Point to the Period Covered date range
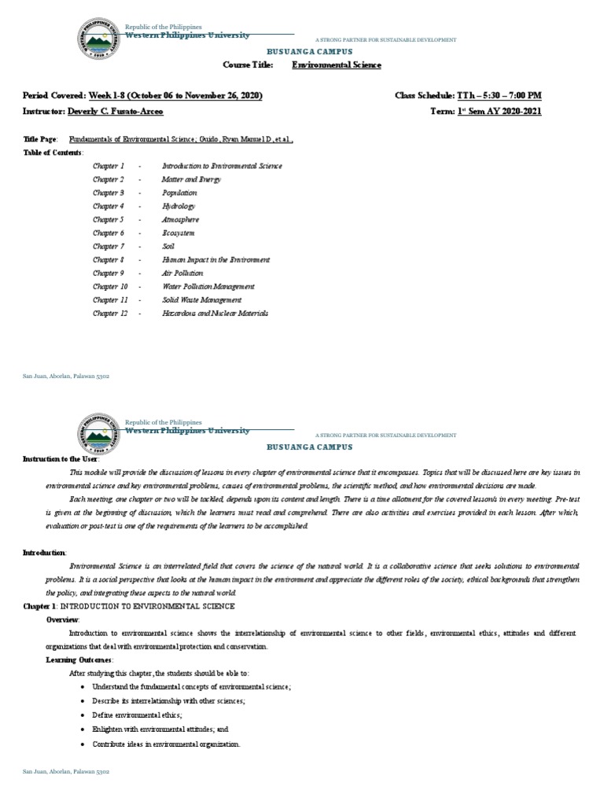pos(175,95)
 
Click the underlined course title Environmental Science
pos(337,65)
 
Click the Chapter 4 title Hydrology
pos(178,206)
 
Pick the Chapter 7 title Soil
pos(168,246)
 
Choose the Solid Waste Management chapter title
pos(201,300)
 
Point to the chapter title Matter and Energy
pos(191,179)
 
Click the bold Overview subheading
pos(63,619)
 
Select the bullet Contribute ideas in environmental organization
pos(166,744)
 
